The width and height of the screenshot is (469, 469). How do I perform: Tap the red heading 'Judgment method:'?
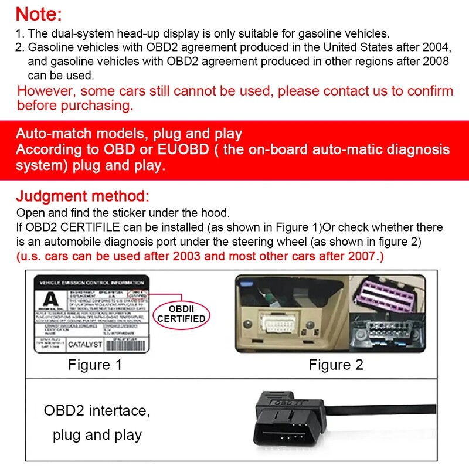(x=83, y=196)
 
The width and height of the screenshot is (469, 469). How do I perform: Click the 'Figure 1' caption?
(x=95, y=365)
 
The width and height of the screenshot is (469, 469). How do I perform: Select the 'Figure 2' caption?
(x=336, y=365)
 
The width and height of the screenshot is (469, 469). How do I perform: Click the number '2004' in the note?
(x=434, y=46)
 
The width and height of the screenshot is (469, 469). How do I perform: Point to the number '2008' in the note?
(x=434, y=61)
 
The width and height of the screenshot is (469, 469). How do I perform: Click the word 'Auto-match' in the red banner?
(x=52, y=134)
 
